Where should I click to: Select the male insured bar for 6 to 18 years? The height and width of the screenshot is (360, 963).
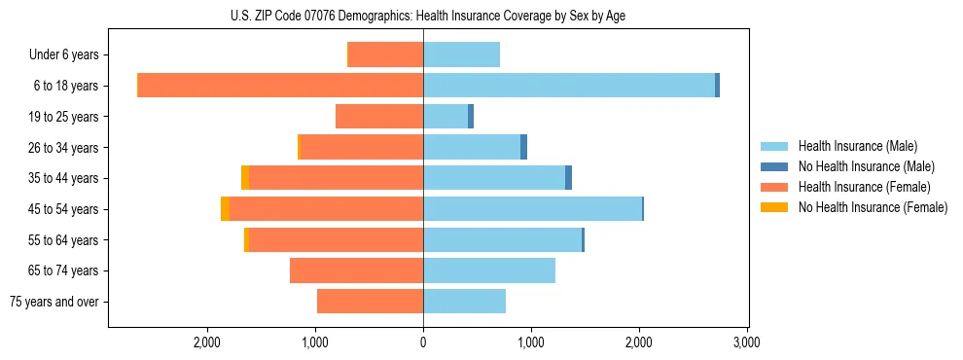click(569, 86)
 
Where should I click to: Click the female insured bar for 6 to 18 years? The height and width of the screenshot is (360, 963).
click(280, 86)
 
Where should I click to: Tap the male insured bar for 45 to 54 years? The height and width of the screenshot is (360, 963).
click(532, 209)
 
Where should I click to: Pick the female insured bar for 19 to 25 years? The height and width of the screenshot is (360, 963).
click(379, 117)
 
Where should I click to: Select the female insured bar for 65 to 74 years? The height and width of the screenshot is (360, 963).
click(356, 270)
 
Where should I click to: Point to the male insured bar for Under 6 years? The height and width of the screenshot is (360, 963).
click(461, 54)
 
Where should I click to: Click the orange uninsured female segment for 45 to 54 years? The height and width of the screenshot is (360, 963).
click(226, 209)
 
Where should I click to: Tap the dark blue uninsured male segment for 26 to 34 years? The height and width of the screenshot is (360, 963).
click(523, 147)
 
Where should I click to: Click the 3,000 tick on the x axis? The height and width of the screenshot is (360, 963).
click(746, 342)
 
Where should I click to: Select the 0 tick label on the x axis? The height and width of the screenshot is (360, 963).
click(423, 342)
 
